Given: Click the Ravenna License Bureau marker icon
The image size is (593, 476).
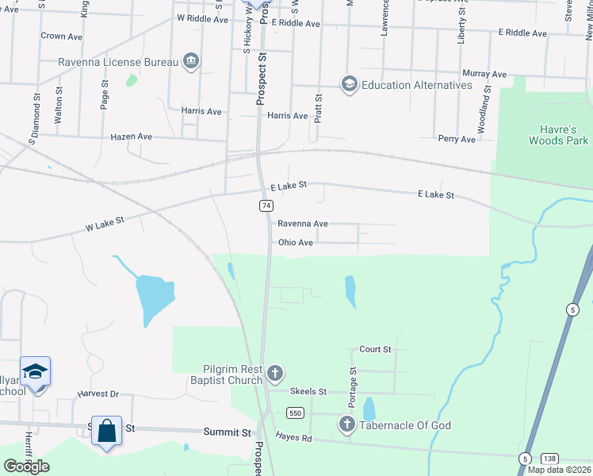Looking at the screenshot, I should point(190,62).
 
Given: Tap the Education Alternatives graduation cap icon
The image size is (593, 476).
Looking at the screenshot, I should point(348,84).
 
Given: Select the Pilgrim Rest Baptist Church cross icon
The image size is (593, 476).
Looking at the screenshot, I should point(274,373).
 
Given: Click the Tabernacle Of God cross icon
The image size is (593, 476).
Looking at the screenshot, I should point(346,425).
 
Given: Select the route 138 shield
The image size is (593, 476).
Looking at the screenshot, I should point(549,459).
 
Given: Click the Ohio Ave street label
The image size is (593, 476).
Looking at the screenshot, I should point(295,243).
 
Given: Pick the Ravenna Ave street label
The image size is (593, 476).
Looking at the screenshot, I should point(302,225).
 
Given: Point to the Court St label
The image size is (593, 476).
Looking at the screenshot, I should point(375,349).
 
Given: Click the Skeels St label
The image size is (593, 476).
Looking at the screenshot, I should point(308,392).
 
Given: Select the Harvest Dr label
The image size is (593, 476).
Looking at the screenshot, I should point(98,393).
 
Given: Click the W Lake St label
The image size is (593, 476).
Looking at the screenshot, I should point(106,226).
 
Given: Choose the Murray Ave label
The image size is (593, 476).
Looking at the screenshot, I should point(484,74).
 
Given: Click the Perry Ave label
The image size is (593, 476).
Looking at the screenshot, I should point(457,139).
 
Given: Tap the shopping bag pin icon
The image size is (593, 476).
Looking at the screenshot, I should point(106,431).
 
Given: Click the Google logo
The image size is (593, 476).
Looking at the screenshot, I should point(26,466).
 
